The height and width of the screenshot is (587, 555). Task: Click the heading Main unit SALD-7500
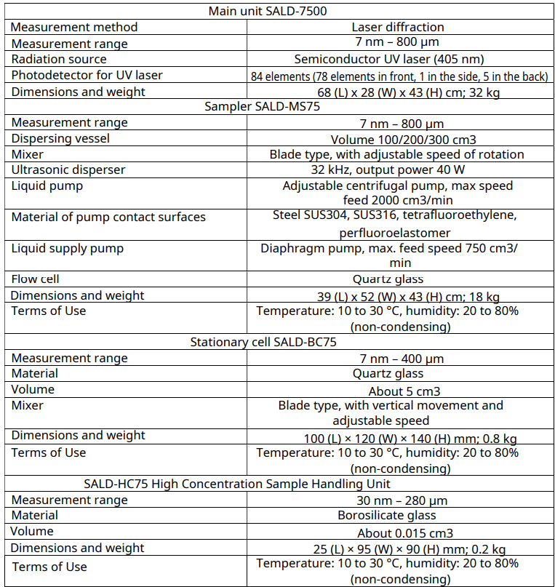276,11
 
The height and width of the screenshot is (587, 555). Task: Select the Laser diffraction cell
399,27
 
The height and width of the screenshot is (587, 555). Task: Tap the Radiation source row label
59,59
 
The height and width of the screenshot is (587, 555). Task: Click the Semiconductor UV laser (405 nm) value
399,59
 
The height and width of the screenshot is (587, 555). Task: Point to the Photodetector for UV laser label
87,75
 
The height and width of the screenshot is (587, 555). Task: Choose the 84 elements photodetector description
399,76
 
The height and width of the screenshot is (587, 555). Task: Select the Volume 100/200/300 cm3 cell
399,138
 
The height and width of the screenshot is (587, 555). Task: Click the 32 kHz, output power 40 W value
399,169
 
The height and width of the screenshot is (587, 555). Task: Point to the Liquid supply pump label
68,248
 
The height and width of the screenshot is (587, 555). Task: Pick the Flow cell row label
36,279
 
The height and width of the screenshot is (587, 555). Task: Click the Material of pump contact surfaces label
108,217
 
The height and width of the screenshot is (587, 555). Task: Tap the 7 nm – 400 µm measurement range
399,358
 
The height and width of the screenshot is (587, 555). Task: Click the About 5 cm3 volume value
399,391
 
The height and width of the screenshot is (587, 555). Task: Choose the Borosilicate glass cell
399,515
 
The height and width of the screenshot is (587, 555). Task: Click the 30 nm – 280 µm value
399,500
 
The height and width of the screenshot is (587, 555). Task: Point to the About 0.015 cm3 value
399,532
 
